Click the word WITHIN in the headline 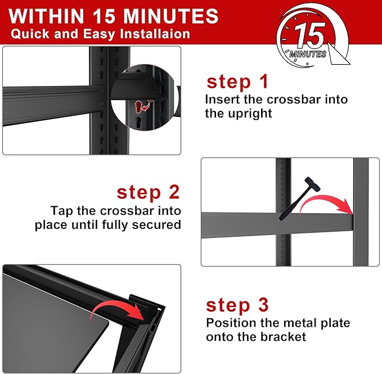pyautogui.click(x=46, y=16)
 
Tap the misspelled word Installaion pyautogui.click(x=155, y=34)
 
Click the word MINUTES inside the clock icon pyautogui.click(x=308, y=54)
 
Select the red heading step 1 pyautogui.click(x=237, y=82)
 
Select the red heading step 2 pyautogui.click(x=148, y=192)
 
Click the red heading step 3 pyautogui.click(x=237, y=305)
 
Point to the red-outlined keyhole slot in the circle pyautogui.click(x=139, y=107)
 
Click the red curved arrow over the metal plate pyautogui.click(x=116, y=309)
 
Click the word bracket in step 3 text pyautogui.click(x=283, y=337)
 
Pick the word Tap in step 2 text pyautogui.click(x=62, y=211)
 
